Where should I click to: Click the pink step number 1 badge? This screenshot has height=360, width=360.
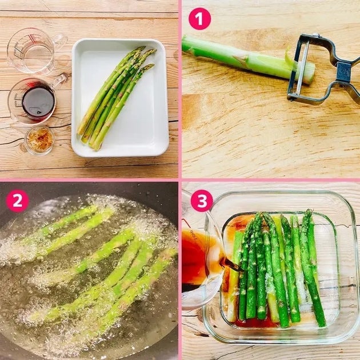199,19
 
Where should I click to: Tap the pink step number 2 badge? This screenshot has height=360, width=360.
18,201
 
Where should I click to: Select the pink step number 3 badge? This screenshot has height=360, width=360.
202,201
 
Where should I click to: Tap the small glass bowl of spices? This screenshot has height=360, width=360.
39,140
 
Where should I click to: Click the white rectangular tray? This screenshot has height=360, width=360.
120,98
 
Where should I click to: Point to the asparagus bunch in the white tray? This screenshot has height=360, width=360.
116,98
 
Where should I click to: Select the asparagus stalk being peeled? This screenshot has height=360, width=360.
248,59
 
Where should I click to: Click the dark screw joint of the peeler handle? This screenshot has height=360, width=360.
343,71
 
